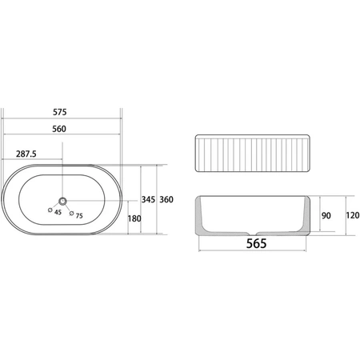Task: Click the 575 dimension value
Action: [x=60, y=112]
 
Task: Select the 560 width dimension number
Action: [x=59, y=129]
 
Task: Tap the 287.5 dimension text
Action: [x=26, y=154]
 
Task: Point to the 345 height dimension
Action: [x=148, y=199]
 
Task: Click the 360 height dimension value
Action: [x=166, y=199]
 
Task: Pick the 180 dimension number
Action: [x=134, y=218]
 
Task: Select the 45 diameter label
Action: [x=58, y=212]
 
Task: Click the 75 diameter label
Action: [x=79, y=216]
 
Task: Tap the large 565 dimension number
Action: [x=256, y=243]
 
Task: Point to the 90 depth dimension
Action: [x=326, y=215]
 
